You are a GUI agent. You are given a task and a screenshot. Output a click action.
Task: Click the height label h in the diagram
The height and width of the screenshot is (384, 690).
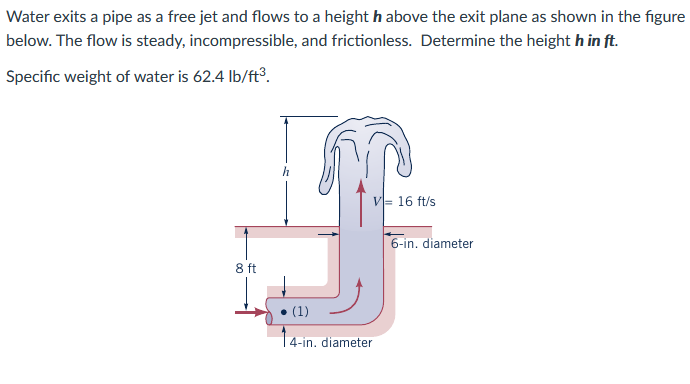click(x=286, y=171)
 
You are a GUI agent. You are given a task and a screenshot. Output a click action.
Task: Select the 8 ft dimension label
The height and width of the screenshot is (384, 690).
click(x=246, y=268)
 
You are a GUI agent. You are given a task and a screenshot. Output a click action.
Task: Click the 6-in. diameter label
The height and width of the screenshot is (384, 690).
click(x=432, y=243)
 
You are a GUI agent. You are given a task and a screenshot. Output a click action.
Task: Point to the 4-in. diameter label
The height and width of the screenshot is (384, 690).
click(x=331, y=342)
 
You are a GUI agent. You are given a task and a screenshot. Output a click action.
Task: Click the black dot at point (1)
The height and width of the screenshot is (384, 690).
click(x=285, y=311)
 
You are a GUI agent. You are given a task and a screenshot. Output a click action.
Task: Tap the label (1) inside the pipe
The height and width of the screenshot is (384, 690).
click(x=302, y=311)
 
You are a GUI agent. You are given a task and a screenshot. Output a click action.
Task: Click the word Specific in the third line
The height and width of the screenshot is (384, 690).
click(x=33, y=78)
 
